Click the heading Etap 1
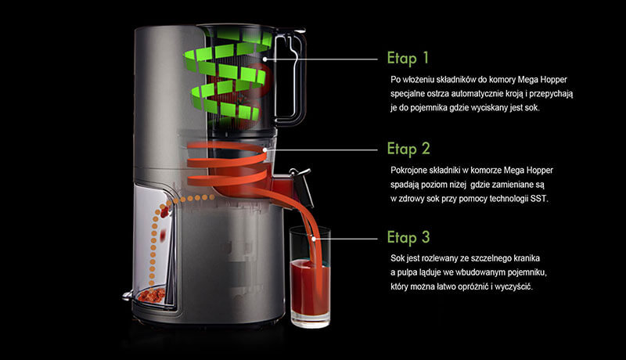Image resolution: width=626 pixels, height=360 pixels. pyautogui.click(x=408, y=58)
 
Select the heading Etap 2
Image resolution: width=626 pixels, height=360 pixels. pyautogui.click(x=408, y=149)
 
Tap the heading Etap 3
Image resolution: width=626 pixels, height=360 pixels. pyautogui.click(x=408, y=237)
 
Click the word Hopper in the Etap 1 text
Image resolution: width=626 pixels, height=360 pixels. pyautogui.click(x=553, y=80)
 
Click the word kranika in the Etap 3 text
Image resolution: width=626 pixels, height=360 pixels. pyautogui.click(x=525, y=258)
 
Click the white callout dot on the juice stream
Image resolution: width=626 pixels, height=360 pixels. pyautogui.click(x=315, y=239)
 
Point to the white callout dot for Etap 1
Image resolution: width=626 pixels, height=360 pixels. pyautogui.click(x=264, y=59)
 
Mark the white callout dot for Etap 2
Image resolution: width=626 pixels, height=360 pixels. pyautogui.click(x=264, y=150)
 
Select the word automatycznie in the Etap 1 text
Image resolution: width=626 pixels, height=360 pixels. pyautogui.click(x=477, y=94)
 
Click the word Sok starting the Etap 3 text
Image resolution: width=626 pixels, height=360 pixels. pyautogui.click(x=398, y=258)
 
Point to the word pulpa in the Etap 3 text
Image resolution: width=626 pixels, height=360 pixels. pyautogui.click(x=407, y=272)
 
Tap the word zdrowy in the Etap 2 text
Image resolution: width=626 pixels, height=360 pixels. pyautogui.click(x=412, y=199)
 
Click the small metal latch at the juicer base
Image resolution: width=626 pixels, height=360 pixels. pyautogui.click(x=128, y=296)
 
